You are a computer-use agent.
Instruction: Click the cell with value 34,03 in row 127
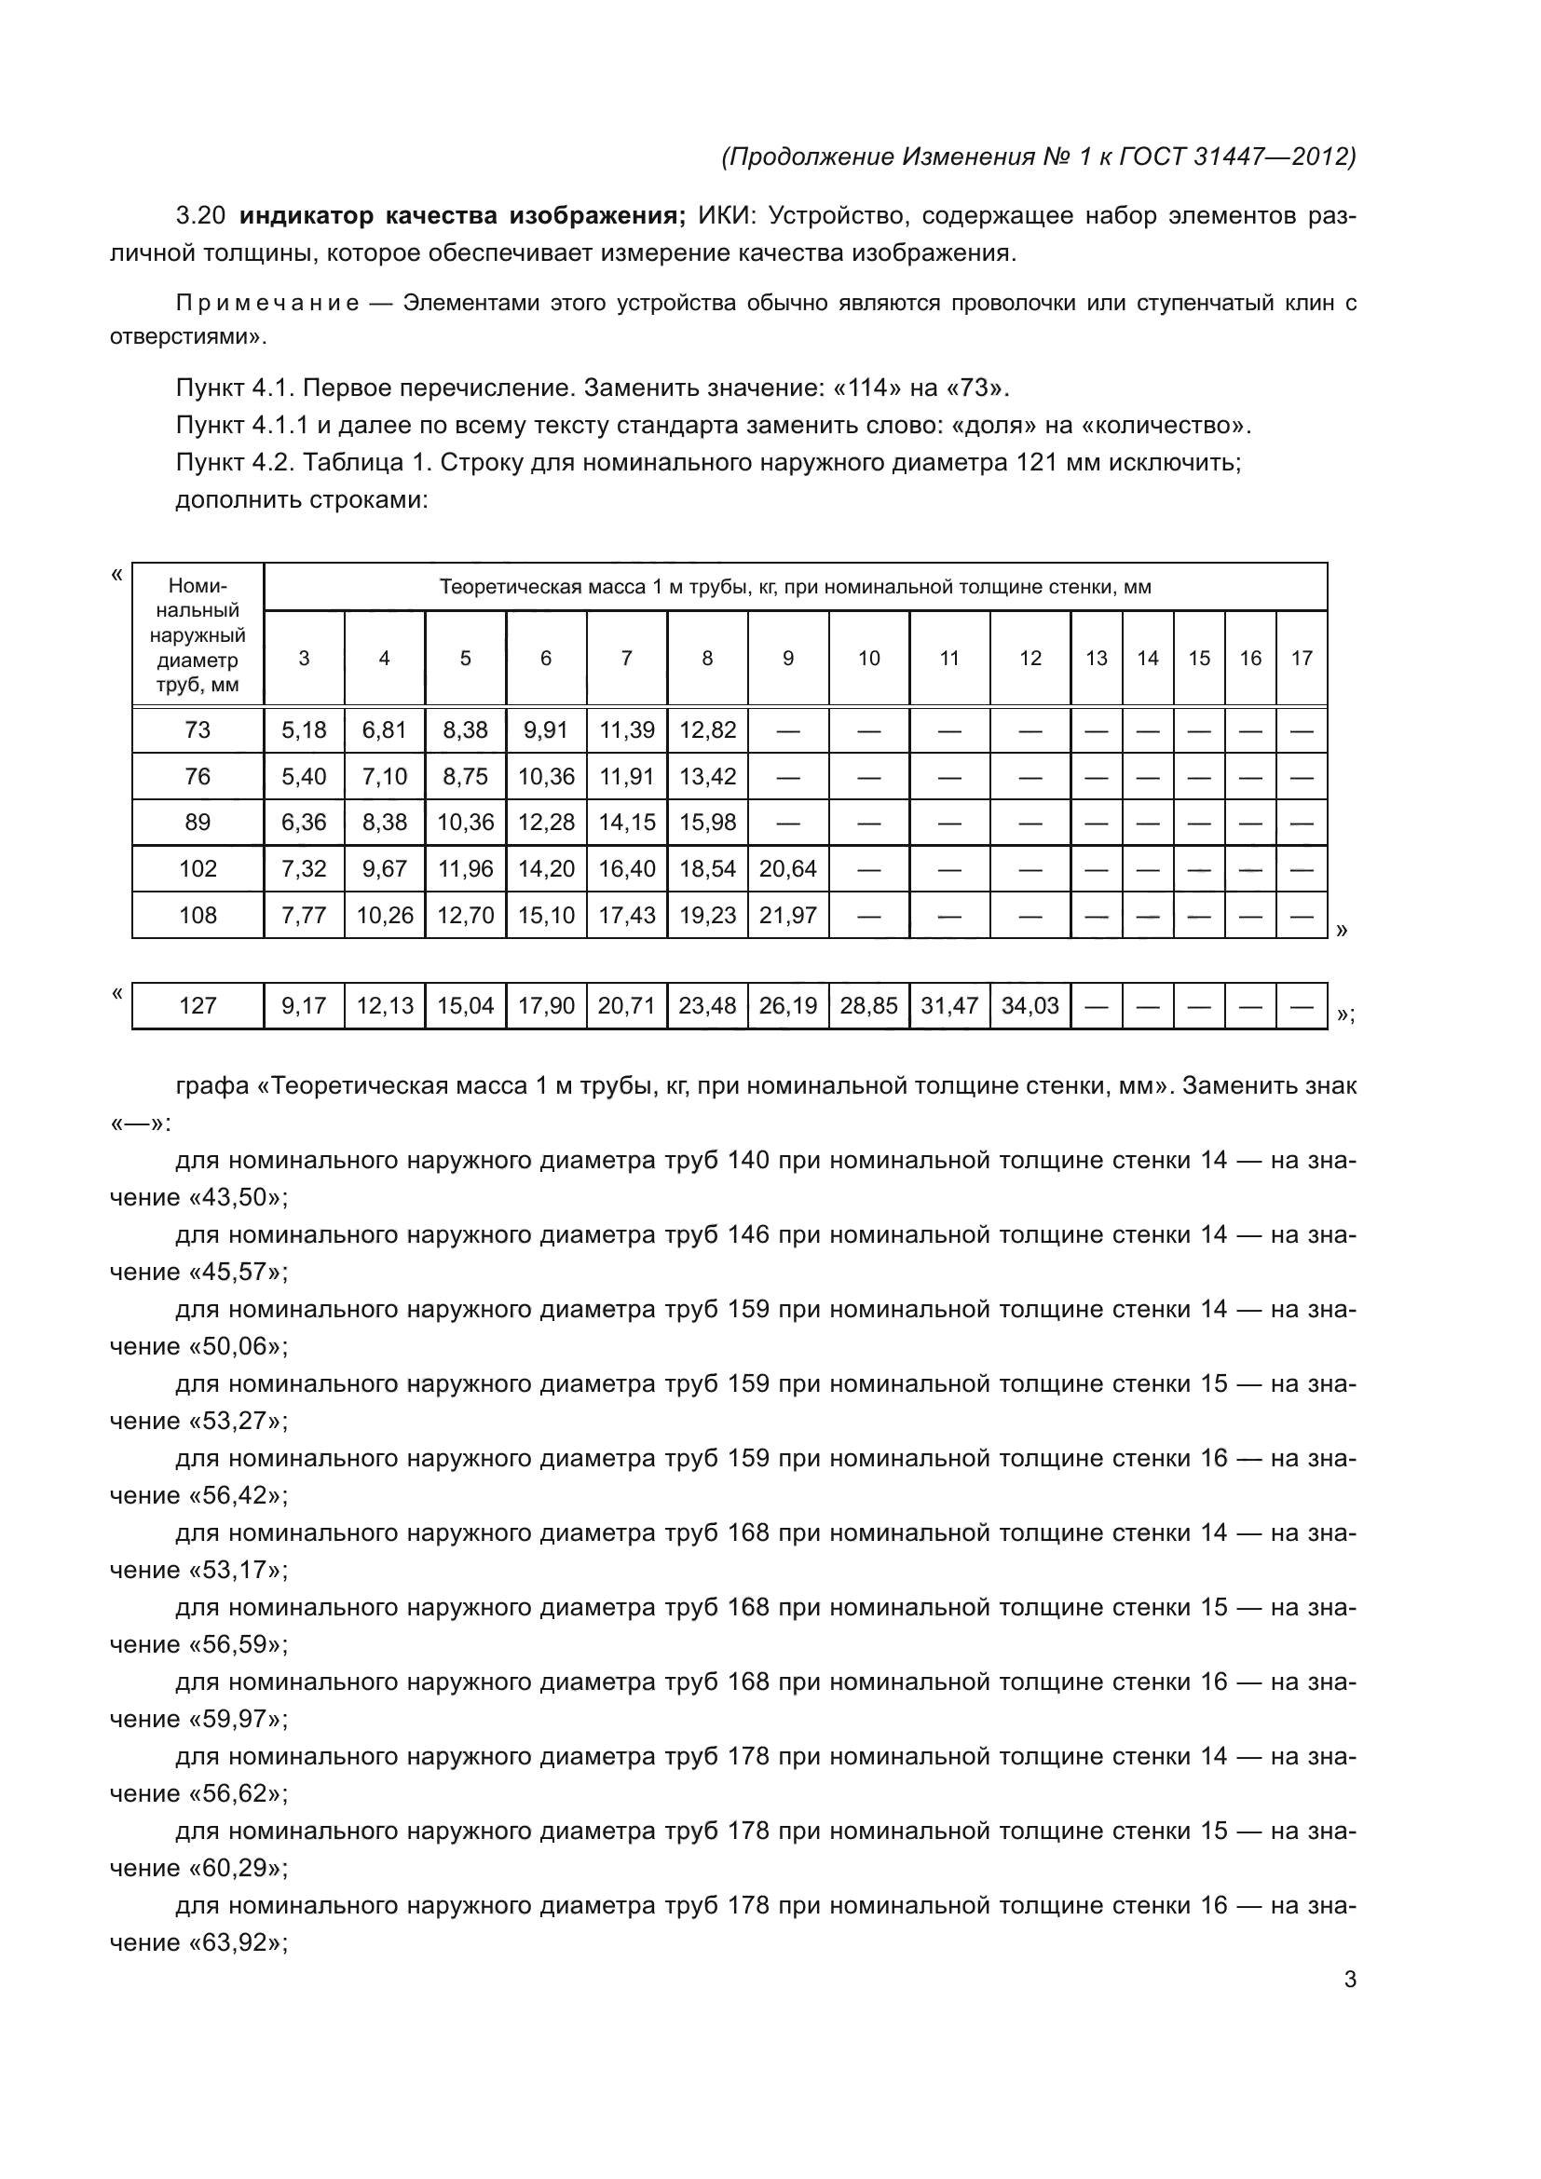pos(1030,1006)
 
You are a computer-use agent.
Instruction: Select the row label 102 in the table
pos(198,868)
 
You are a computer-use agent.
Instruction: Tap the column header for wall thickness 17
pos(1301,658)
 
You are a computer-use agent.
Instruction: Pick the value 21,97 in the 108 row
pos(787,915)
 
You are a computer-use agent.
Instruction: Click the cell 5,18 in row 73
pos(304,729)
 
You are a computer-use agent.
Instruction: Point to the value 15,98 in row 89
pos(707,822)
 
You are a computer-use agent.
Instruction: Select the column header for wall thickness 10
pos(868,658)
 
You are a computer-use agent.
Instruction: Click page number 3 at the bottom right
pos(1349,1980)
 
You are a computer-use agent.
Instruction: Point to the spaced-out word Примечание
pos(267,304)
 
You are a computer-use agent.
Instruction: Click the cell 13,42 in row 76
pos(707,776)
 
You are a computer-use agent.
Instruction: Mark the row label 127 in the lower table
pos(198,1006)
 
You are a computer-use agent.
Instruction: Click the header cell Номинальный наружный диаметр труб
pos(198,634)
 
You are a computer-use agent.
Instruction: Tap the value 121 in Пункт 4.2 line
pos(1036,463)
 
